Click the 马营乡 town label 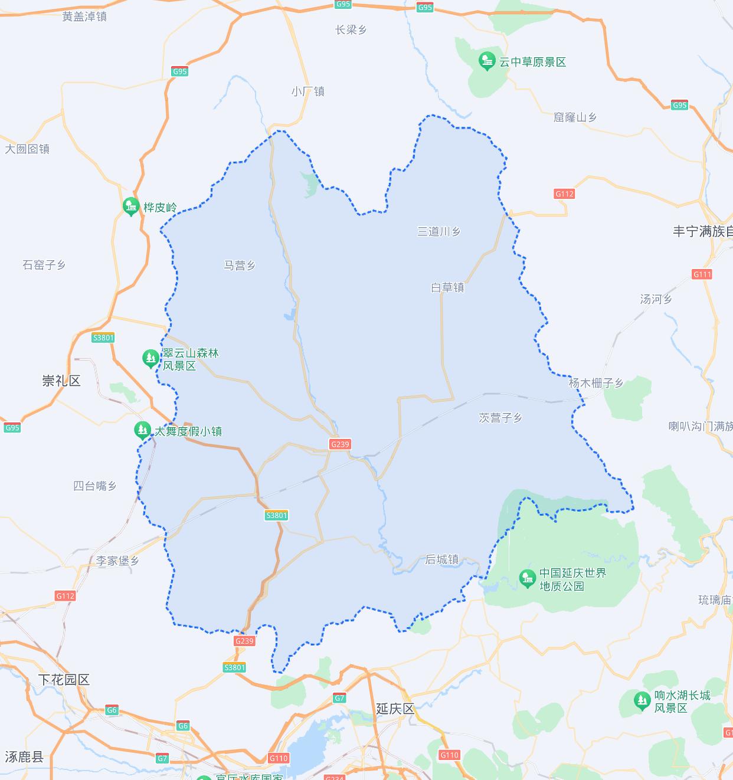[239, 266]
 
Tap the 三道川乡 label [439, 231]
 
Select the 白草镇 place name [447, 287]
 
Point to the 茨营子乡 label [500, 418]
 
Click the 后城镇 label [442, 559]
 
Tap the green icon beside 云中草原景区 [487, 61]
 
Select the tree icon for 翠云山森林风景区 [150, 358]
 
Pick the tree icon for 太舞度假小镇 [142, 430]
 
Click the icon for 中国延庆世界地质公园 [527, 579]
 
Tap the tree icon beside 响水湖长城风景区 [642, 701]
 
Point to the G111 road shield [702, 274]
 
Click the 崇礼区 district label [61, 381]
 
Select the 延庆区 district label [395, 709]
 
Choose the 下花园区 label [64, 680]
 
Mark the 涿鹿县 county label [24, 756]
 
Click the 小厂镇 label [307, 91]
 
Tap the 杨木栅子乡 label [595, 383]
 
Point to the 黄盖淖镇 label [84, 17]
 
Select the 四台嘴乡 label [95, 486]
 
